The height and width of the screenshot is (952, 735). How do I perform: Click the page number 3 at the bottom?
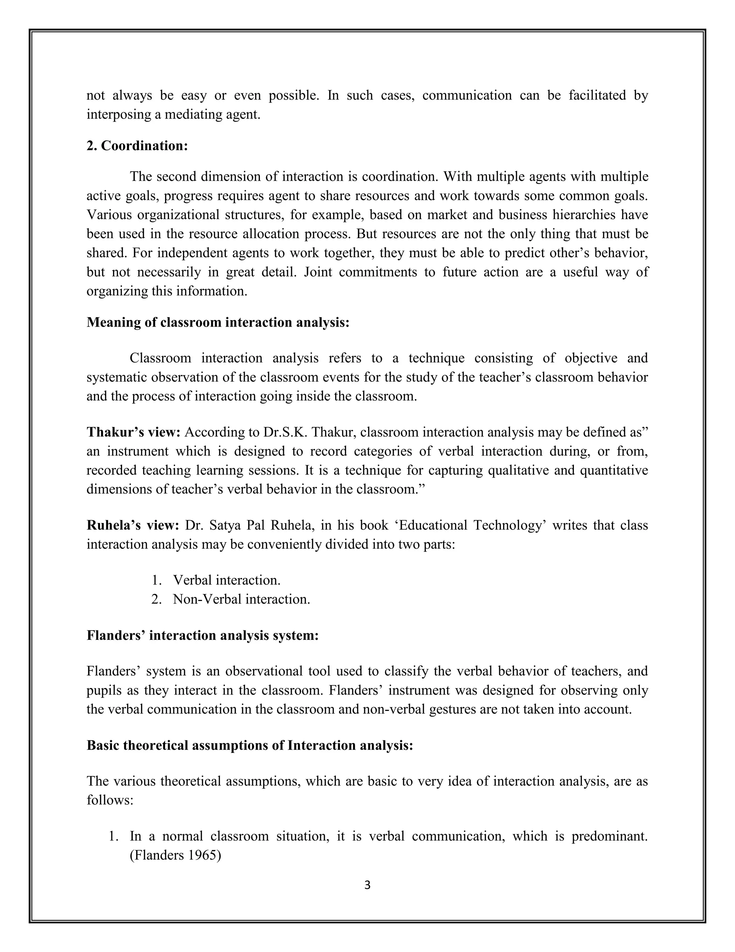click(367, 885)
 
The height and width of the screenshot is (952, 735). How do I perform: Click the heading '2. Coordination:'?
click(137, 145)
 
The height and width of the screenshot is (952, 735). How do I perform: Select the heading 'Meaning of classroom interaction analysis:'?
click(218, 322)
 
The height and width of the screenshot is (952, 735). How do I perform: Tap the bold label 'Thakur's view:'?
click(133, 432)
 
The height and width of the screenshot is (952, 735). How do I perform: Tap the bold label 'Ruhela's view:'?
click(133, 525)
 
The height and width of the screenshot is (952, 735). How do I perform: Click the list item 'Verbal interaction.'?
click(226, 580)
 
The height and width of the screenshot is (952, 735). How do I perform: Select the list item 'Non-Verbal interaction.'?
click(241, 599)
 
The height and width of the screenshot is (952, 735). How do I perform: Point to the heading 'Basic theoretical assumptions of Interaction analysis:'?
click(249, 745)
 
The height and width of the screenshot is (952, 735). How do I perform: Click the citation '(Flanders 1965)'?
click(175, 856)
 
